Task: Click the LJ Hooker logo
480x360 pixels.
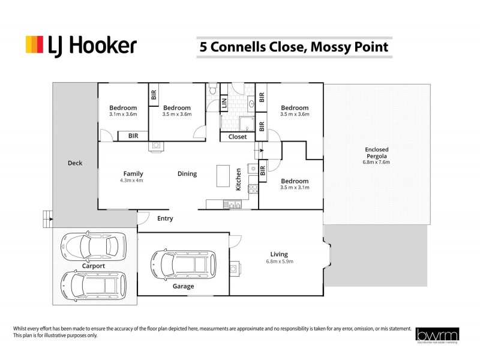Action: pos(81,46)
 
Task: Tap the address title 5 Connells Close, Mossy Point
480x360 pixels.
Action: pos(294,46)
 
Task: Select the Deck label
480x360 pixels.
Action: pos(75,163)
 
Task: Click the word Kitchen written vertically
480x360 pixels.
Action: pos(238,179)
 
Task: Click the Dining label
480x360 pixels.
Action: pos(187,174)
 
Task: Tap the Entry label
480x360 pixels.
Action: pos(165,218)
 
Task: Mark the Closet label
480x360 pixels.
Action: pos(238,137)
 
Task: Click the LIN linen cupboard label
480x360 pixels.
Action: pos(224,104)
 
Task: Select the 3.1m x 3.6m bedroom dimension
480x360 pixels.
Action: pos(123,114)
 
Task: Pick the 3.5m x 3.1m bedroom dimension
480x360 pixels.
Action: pos(295,187)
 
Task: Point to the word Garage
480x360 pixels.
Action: pos(184,286)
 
